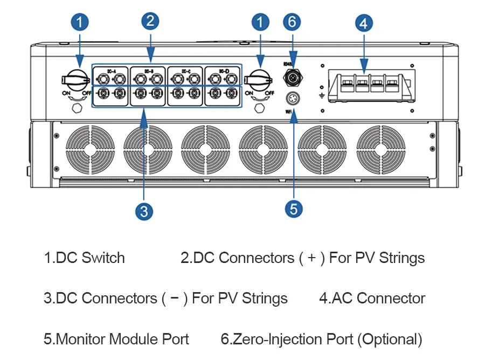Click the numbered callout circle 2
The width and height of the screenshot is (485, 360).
click(x=150, y=21)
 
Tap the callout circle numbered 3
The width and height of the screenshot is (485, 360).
click(x=144, y=211)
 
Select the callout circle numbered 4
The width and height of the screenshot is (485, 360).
click(x=364, y=23)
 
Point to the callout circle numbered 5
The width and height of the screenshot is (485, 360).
click(x=293, y=209)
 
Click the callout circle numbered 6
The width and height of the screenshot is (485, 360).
click(x=292, y=22)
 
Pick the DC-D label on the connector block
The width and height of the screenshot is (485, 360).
click(x=223, y=70)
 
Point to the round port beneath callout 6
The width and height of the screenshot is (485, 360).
click(x=293, y=78)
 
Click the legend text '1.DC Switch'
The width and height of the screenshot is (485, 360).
click(x=84, y=258)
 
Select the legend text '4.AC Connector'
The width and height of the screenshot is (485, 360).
click(x=372, y=298)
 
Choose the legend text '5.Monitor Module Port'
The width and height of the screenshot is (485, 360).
click(x=116, y=339)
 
